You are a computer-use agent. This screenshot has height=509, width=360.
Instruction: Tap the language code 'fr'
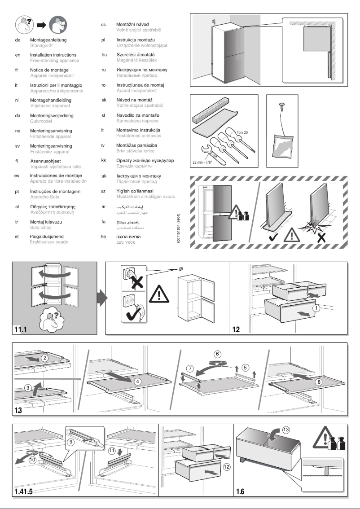(x=16, y=70)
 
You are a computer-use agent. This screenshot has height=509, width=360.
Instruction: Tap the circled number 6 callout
(x=217, y=354)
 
